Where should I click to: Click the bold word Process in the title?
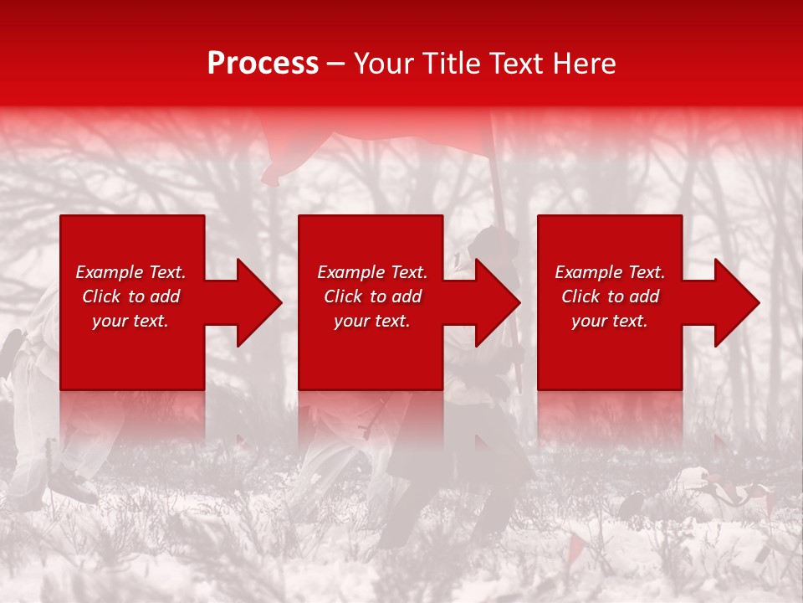click(263, 64)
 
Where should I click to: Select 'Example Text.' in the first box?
click(130, 272)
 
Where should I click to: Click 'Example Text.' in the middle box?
click(371, 272)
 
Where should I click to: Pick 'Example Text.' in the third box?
click(610, 272)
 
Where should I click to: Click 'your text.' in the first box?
click(130, 321)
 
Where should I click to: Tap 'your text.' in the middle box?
click(371, 321)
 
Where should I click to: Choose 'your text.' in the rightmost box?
click(610, 321)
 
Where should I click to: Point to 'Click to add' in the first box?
click(130, 296)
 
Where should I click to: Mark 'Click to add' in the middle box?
click(371, 296)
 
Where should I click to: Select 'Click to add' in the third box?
click(610, 296)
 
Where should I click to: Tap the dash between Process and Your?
click(335, 64)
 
